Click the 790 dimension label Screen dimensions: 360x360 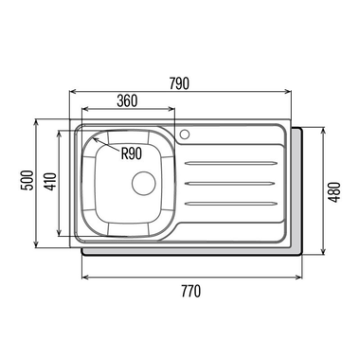click(x=179, y=83)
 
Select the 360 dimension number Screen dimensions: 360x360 click(x=127, y=101)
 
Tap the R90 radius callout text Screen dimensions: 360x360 click(x=132, y=153)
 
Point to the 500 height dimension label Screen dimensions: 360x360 click(x=27, y=180)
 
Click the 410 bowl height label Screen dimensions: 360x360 click(x=51, y=182)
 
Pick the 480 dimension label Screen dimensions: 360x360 click(x=334, y=192)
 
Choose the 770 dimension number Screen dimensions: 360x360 click(x=190, y=291)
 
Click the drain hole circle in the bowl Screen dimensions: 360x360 click(x=144, y=183)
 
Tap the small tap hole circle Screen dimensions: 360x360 click(x=185, y=134)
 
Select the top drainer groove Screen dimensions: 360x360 click(x=231, y=163)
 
